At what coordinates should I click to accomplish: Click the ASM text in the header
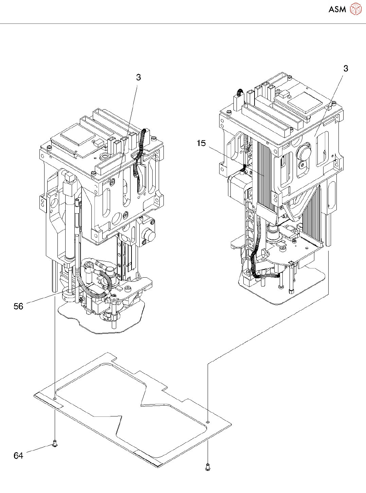337,9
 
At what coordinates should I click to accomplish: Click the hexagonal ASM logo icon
355,9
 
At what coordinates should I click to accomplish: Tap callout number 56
18,306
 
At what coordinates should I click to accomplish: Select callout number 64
18,455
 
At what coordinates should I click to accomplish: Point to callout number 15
201,143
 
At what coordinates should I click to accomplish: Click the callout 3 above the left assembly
138,78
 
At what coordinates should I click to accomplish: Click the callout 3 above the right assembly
346,69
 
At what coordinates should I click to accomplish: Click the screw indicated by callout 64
55,444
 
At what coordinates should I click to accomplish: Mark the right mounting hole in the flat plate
208,422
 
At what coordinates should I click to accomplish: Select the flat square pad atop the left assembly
77,135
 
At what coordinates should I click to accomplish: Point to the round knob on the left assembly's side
149,235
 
